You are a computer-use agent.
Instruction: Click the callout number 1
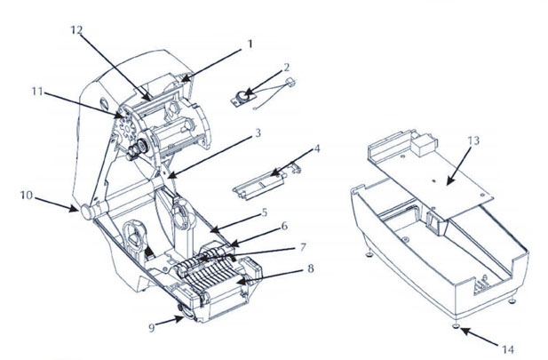point(250,44)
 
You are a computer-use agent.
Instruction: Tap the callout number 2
point(287,68)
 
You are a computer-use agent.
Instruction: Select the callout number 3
point(258,133)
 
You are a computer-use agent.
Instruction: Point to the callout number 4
point(317,148)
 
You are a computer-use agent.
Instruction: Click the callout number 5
point(264,212)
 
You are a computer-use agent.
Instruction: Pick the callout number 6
point(284,226)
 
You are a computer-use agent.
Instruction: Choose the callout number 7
point(303,247)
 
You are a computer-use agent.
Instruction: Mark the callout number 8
point(310,268)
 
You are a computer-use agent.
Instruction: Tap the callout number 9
point(152,328)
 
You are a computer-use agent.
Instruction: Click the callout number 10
point(27,196)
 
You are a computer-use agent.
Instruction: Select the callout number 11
point(37,92)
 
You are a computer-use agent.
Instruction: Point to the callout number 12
point(76,30)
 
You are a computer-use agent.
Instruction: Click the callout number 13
point(473,140)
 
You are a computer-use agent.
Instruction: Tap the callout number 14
point(508,349)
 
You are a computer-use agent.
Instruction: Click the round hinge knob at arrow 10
point(86,212)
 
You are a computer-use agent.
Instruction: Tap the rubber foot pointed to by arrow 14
point(456,326)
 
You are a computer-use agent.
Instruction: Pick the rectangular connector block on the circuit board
point(424,144)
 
